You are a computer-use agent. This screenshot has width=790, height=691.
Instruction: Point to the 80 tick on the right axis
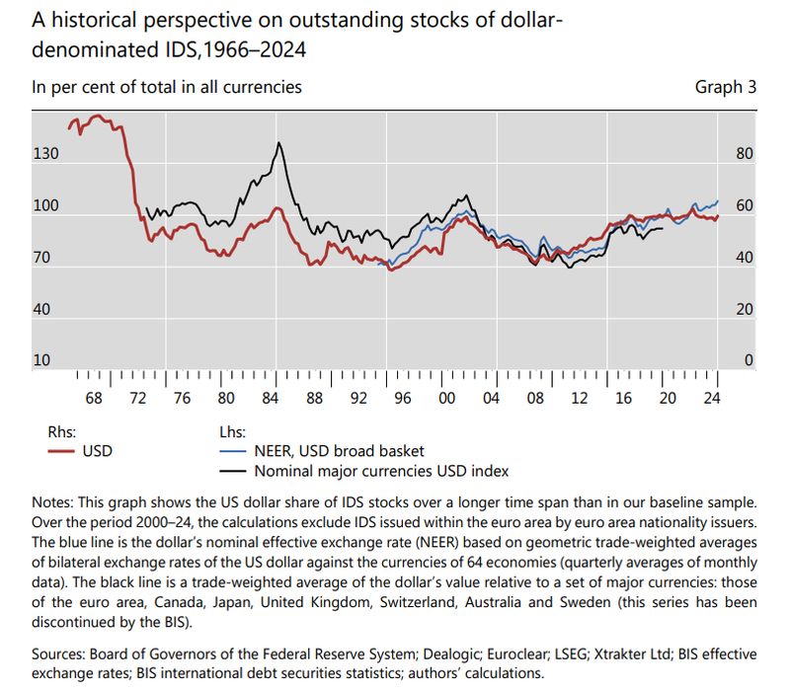coord(745,154)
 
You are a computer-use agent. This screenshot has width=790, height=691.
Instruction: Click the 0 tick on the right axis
coord(749,361)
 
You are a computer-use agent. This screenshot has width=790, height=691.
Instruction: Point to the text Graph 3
coord(726,87)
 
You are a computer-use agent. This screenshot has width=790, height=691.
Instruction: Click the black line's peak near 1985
coord(279,143)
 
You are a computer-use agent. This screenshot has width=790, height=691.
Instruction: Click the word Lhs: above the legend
coord(233,432)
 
